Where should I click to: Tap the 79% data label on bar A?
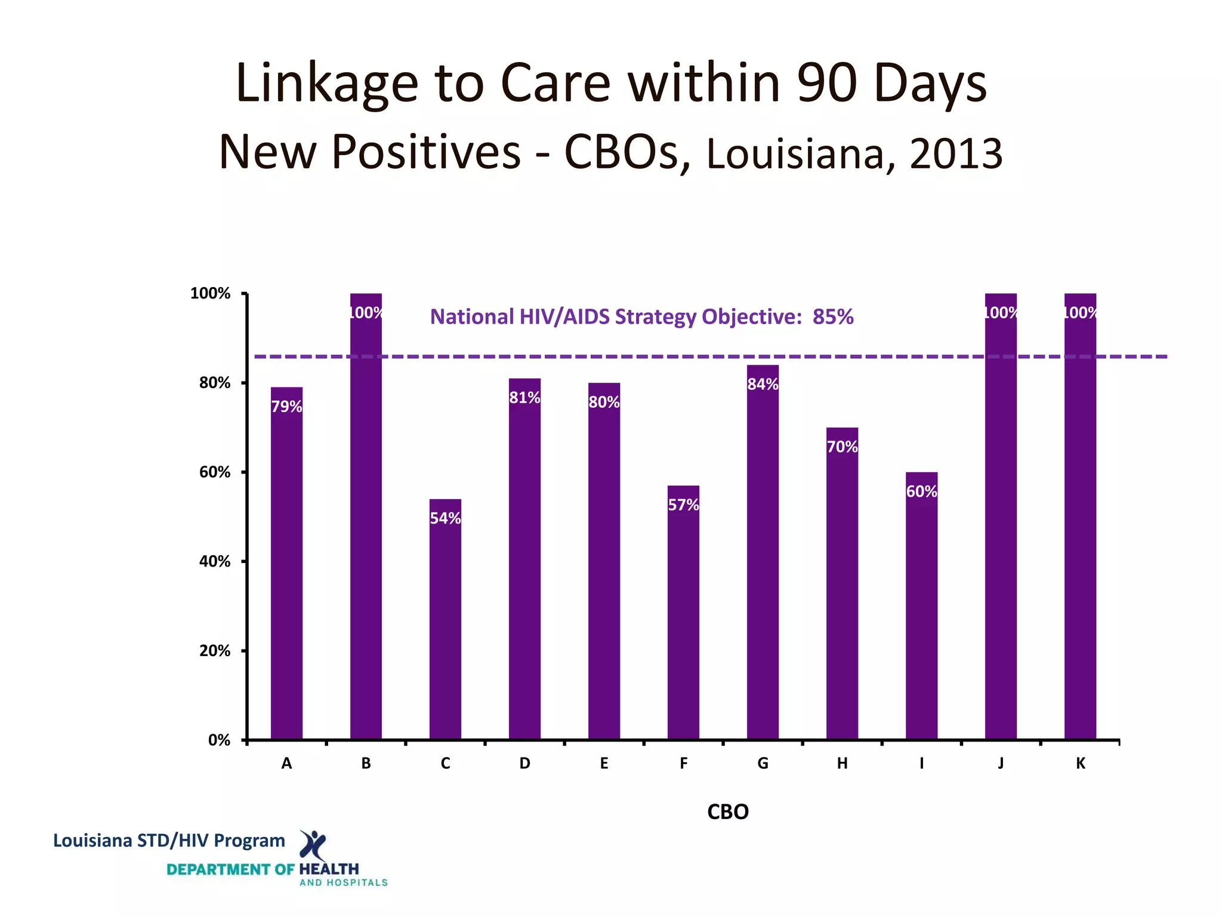pyautogui.click(x=286, y=407)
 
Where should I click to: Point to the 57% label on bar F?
pyautogui.click(x=683, y=505)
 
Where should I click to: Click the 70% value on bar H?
pyautogui.click(x=842, y=447)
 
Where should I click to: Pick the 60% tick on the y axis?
pyautogui.click(x=215, y=472)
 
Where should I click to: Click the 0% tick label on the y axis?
pyautogui.click(x=219, y=740)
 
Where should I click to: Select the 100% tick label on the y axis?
pyautogui.click(x=210, y=293)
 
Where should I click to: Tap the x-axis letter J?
pyautogui.click(x=1001, y=764)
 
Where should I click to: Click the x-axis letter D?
pyautogui.click(x=524, y=764)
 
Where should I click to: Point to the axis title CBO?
pyautogui.click(x=727, y=812)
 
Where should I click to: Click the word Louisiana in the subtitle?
pyautogui.click(x=794, y=153)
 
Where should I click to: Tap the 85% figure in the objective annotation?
pyautogui.click(x=833, y=316)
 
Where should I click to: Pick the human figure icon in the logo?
pyautogui.click(x=313, y=844)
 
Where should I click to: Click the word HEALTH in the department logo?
pyautogui.click(x=329, y=869)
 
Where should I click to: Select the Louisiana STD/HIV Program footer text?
pyautogui.click(x=169, y=841)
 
